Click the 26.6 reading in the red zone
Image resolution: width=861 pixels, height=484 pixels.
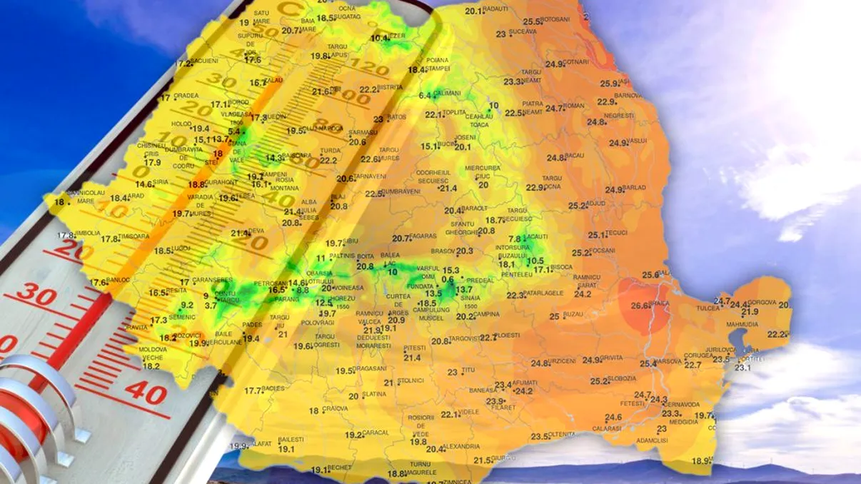click(x=641, y=306)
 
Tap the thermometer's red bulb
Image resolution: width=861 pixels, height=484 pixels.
click(x=21, y=421)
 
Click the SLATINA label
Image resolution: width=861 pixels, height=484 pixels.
click(x=374, y=395)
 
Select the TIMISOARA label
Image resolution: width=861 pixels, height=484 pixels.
click(x=134, y=236)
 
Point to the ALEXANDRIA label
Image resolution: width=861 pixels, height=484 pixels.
click(x=463, y=447)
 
